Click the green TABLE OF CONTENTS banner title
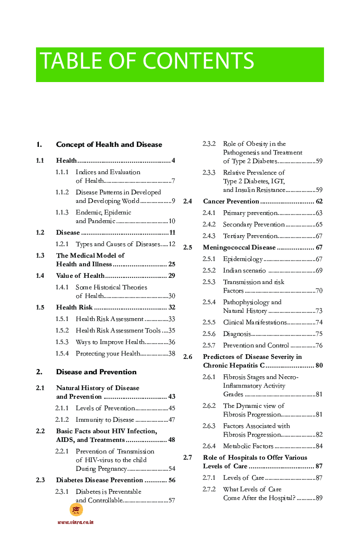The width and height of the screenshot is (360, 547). point(147,61)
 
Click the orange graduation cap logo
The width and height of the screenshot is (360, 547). point(76,510)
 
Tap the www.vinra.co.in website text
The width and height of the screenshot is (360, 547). point(75,522)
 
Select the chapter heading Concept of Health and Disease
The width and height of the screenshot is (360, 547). point(109,144)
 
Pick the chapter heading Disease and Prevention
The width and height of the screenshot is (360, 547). point(96,372)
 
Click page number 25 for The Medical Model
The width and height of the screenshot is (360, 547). point(171,264)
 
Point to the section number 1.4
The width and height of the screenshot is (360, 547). point(40,276)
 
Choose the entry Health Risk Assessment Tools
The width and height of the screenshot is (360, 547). point(118,331)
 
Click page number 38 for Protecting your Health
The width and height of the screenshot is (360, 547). point(171,354)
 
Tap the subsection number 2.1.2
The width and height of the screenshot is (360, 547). point(62,420)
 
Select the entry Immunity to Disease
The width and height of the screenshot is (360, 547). point(105,420)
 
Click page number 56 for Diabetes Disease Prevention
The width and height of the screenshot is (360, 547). point(171,480)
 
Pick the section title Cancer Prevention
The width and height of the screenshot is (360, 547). point(231,202)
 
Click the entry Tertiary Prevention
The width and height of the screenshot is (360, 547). point(250,236)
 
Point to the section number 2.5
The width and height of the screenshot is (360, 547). point(188,248)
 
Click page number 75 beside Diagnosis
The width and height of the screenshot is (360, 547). point(319,334)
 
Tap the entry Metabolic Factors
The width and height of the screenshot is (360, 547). point(248,446)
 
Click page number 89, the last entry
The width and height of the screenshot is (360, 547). point(319,498)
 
